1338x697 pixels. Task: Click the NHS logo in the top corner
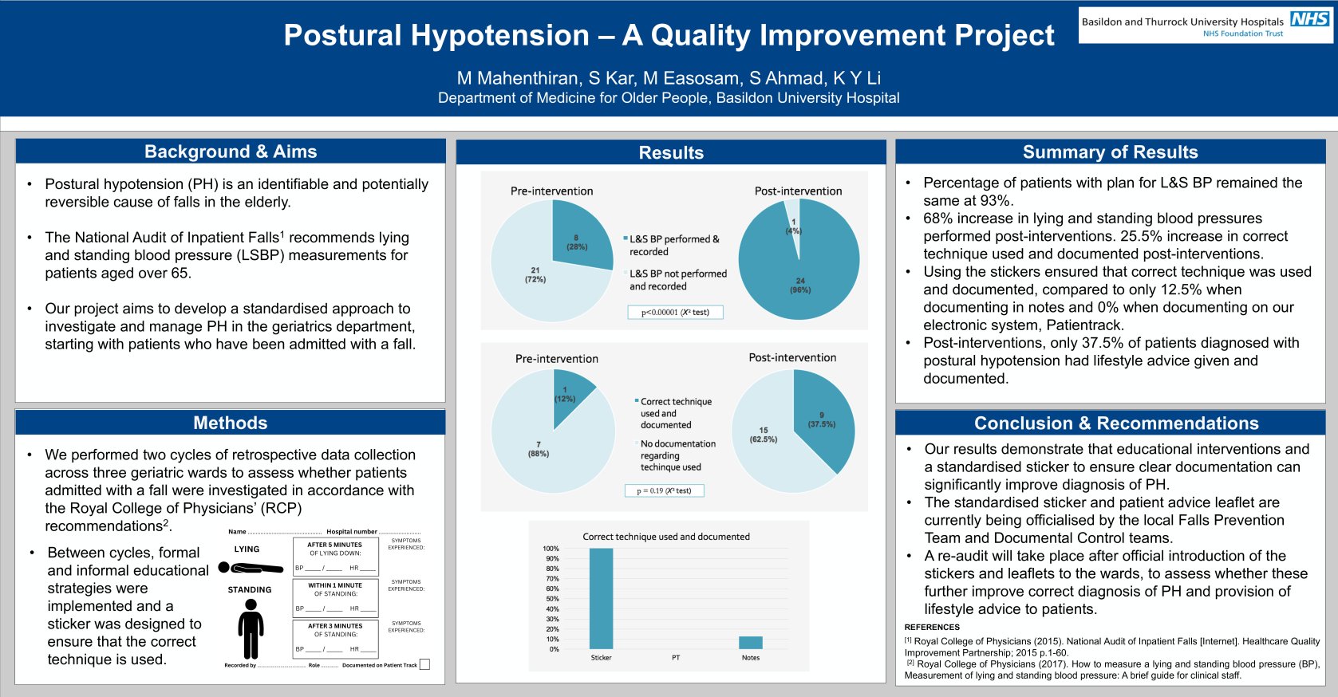1309,19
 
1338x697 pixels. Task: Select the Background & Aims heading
231,152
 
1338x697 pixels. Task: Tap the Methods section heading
231,423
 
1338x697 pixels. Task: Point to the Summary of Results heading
1110,152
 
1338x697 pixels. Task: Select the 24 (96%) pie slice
799,279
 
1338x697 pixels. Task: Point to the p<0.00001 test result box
675,312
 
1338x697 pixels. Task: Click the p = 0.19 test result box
664,490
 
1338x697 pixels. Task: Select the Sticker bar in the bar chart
601,598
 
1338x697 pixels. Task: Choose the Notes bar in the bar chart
750,643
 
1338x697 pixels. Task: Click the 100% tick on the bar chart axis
551,549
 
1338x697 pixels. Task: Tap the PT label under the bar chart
676,658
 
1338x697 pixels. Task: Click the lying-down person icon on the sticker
251,568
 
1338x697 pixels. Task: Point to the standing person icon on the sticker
251,628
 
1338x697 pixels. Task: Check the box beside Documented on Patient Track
424,664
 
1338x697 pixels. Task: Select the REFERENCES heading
932,628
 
